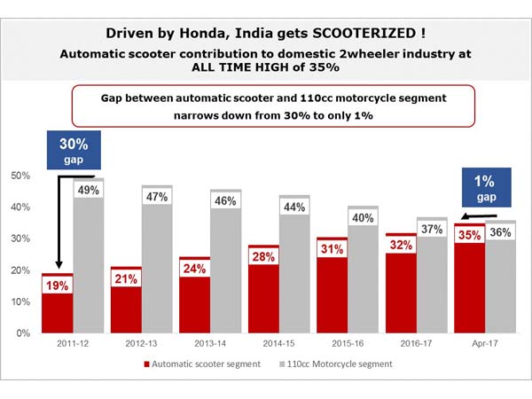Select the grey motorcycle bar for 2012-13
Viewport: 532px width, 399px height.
158,275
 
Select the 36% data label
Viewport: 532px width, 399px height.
501,233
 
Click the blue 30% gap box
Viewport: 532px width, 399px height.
74,150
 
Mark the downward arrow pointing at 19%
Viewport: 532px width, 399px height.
59,222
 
